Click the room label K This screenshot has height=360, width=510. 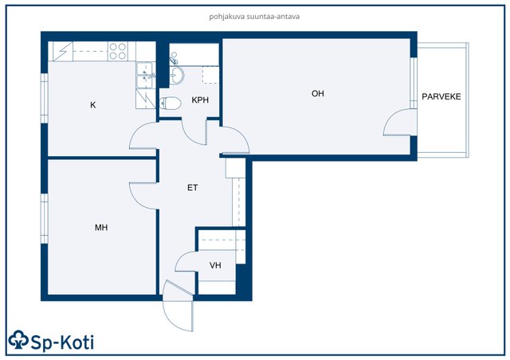93,105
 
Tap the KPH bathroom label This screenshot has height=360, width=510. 200,100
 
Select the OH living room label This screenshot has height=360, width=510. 318,94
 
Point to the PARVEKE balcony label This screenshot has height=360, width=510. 441,96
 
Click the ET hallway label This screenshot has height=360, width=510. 193,188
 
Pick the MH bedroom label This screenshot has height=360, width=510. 101,228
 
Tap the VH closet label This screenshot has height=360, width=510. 215,265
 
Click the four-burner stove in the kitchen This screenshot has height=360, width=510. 118,51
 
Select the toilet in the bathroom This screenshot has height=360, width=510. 170,104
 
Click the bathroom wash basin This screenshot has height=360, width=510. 177,76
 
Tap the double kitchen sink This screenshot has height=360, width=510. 144,75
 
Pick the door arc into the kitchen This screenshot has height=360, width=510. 135,130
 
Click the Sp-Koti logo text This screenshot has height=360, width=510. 62,342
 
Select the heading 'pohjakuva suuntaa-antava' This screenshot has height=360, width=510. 254,16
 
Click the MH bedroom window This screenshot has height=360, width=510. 45,218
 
